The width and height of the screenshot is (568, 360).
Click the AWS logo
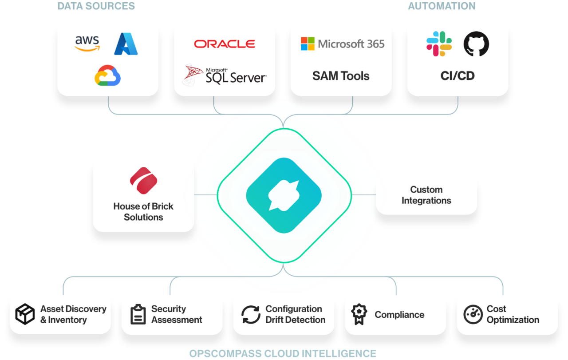[x=87, y=44]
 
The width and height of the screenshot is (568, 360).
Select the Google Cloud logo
[x=107, y=75]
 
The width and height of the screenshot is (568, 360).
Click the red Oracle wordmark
[x=224, y=44]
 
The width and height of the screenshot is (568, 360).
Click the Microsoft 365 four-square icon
[x=308, y=44]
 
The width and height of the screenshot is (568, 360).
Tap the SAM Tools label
[x=341, y=76]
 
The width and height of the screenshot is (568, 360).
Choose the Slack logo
[x=439, y=44]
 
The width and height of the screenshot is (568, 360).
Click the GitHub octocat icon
[x=476, y=44]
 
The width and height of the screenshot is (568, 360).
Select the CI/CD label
[x=458, y=76]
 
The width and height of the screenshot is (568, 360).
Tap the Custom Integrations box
[x=426, y=195]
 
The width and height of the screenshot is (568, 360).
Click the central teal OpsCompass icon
[x=284, y=195]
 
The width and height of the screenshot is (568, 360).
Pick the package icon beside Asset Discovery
[x=25, y=314]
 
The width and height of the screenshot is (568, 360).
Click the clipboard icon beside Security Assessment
[x=138, y=314]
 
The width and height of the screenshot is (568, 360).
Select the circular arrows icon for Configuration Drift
[x=251, y=314]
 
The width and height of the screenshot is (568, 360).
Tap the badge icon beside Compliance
[x=360, y=314]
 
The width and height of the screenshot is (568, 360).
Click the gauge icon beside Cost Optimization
[x=473, y=314]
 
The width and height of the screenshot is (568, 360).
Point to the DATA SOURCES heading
[x=96, y=6]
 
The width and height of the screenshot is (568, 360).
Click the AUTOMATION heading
[x=442, y=6]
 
